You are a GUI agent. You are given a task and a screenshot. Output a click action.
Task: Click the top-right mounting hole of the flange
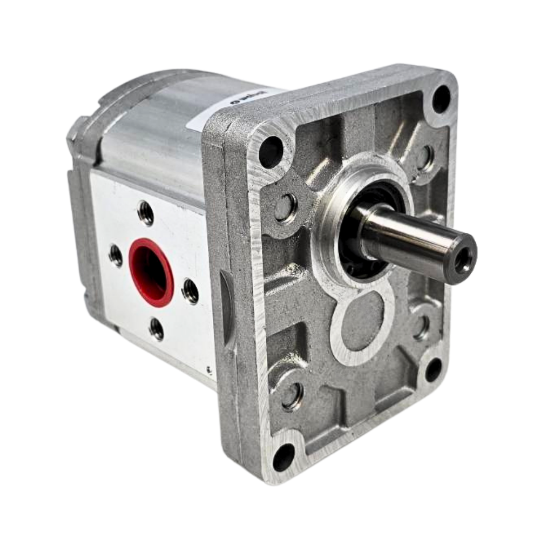coord(441,99)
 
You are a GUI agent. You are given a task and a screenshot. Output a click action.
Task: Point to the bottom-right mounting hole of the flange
coord(433,370)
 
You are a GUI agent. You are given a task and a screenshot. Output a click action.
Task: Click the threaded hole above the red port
coord(146,213)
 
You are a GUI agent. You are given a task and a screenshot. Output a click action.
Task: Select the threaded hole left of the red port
coord(116,255)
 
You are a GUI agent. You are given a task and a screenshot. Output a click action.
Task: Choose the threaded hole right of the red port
coord(190,291)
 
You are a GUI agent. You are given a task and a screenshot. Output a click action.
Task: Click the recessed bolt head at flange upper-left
coord(285,207)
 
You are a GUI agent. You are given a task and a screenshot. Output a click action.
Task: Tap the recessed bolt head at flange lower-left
coord(292,396)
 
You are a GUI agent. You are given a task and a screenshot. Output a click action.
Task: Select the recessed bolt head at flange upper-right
coord(425,157)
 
